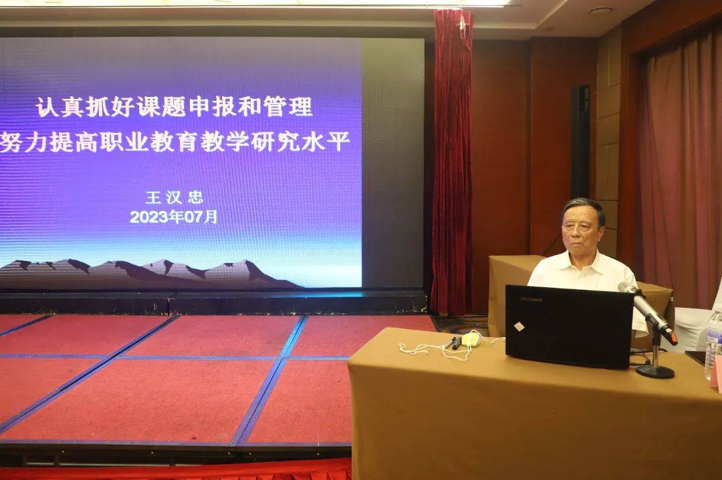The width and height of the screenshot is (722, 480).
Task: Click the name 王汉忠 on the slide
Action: click(174, 197)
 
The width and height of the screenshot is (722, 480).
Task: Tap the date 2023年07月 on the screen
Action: click(173, 216)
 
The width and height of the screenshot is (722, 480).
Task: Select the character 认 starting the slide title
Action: click(47, 107)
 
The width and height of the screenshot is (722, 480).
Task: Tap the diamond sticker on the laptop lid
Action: click(519, 326)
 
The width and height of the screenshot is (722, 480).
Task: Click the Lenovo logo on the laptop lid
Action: click(531, 299)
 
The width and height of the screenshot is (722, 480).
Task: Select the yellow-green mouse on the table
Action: click(471, 339)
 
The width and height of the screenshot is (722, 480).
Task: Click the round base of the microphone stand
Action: click(654, 370)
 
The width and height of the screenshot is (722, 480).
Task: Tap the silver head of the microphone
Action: click(626, 288)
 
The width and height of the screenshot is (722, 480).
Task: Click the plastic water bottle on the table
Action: click(713, 345)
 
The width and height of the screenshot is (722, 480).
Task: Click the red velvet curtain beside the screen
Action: click(452, 161)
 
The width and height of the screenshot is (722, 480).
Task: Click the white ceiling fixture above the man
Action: click(600, 10)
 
